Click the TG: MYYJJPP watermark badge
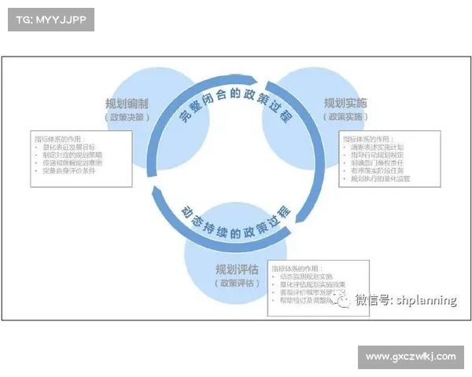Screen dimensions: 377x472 50,20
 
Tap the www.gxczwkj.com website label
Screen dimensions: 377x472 411,356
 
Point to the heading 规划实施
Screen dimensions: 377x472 345,104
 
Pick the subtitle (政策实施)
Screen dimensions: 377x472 345,116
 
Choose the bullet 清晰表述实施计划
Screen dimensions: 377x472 379,147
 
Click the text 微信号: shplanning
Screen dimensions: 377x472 406,299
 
